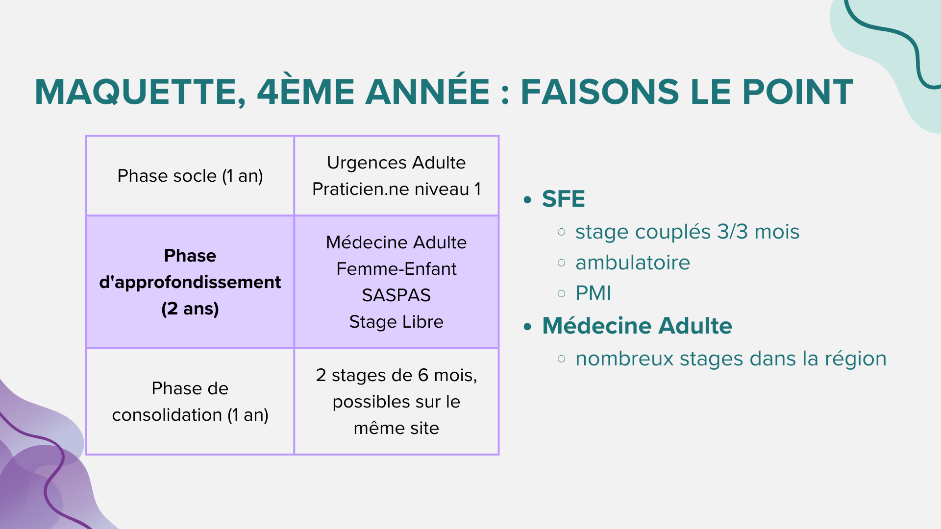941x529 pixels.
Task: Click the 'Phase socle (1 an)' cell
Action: click(190, 176)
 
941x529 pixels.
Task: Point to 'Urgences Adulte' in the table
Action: click(396, 163)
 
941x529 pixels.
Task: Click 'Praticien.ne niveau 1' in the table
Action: click(396, 189)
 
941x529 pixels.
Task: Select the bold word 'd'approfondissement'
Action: click(190, 282)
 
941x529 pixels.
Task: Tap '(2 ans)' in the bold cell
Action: click(190, 309)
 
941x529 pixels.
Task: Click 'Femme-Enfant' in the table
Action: click(396, 269)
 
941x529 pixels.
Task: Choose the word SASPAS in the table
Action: click(396, 295)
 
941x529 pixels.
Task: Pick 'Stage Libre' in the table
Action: click(396, 322)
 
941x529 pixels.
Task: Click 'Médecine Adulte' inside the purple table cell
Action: click(396, 242)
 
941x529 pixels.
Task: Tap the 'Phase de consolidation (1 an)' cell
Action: click(190, 402)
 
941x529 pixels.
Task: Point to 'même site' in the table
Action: click(396, 428)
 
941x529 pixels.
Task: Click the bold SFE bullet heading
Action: click(563, 199)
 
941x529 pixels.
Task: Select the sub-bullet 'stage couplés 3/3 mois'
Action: click(687, 232)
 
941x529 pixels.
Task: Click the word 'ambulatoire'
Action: click(633, 263)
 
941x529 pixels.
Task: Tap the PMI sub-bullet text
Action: click(593, 293)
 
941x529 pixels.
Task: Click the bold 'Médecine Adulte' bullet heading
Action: click(637, 326)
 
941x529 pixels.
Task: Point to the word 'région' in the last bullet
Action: click(856, 359)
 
